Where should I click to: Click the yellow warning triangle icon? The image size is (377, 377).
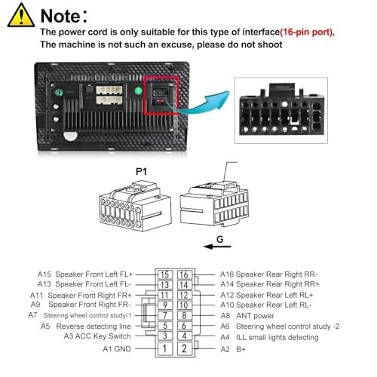click(21, 16)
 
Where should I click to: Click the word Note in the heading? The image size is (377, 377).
click(60, 16)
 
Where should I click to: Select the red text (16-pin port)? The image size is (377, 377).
click(307, 32)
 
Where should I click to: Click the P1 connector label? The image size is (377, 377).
click(141, 171)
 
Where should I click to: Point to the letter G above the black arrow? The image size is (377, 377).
click(220, 239)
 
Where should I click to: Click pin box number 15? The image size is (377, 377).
click(165, 274)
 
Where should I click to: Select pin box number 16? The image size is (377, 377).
click(184, 274)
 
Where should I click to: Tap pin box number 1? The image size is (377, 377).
click(165, 348)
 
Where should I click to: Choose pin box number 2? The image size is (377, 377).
click(184, 348)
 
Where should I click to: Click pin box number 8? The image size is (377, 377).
click(184, 315)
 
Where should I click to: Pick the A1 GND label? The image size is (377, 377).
click(117, 349)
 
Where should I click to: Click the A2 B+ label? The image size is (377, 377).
click(233, 349)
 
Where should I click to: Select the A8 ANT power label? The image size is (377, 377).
click(247, 316)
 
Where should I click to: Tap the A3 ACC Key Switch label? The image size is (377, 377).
click(97, 336)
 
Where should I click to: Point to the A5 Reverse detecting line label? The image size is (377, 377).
click(86, 326)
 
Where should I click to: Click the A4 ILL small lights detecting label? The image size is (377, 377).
click(269, 337)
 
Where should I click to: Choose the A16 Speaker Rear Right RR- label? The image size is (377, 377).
click(269, 274)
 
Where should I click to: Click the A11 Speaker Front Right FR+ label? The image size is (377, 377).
click(81, 295)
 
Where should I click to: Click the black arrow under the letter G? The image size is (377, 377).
click(217, 247)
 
